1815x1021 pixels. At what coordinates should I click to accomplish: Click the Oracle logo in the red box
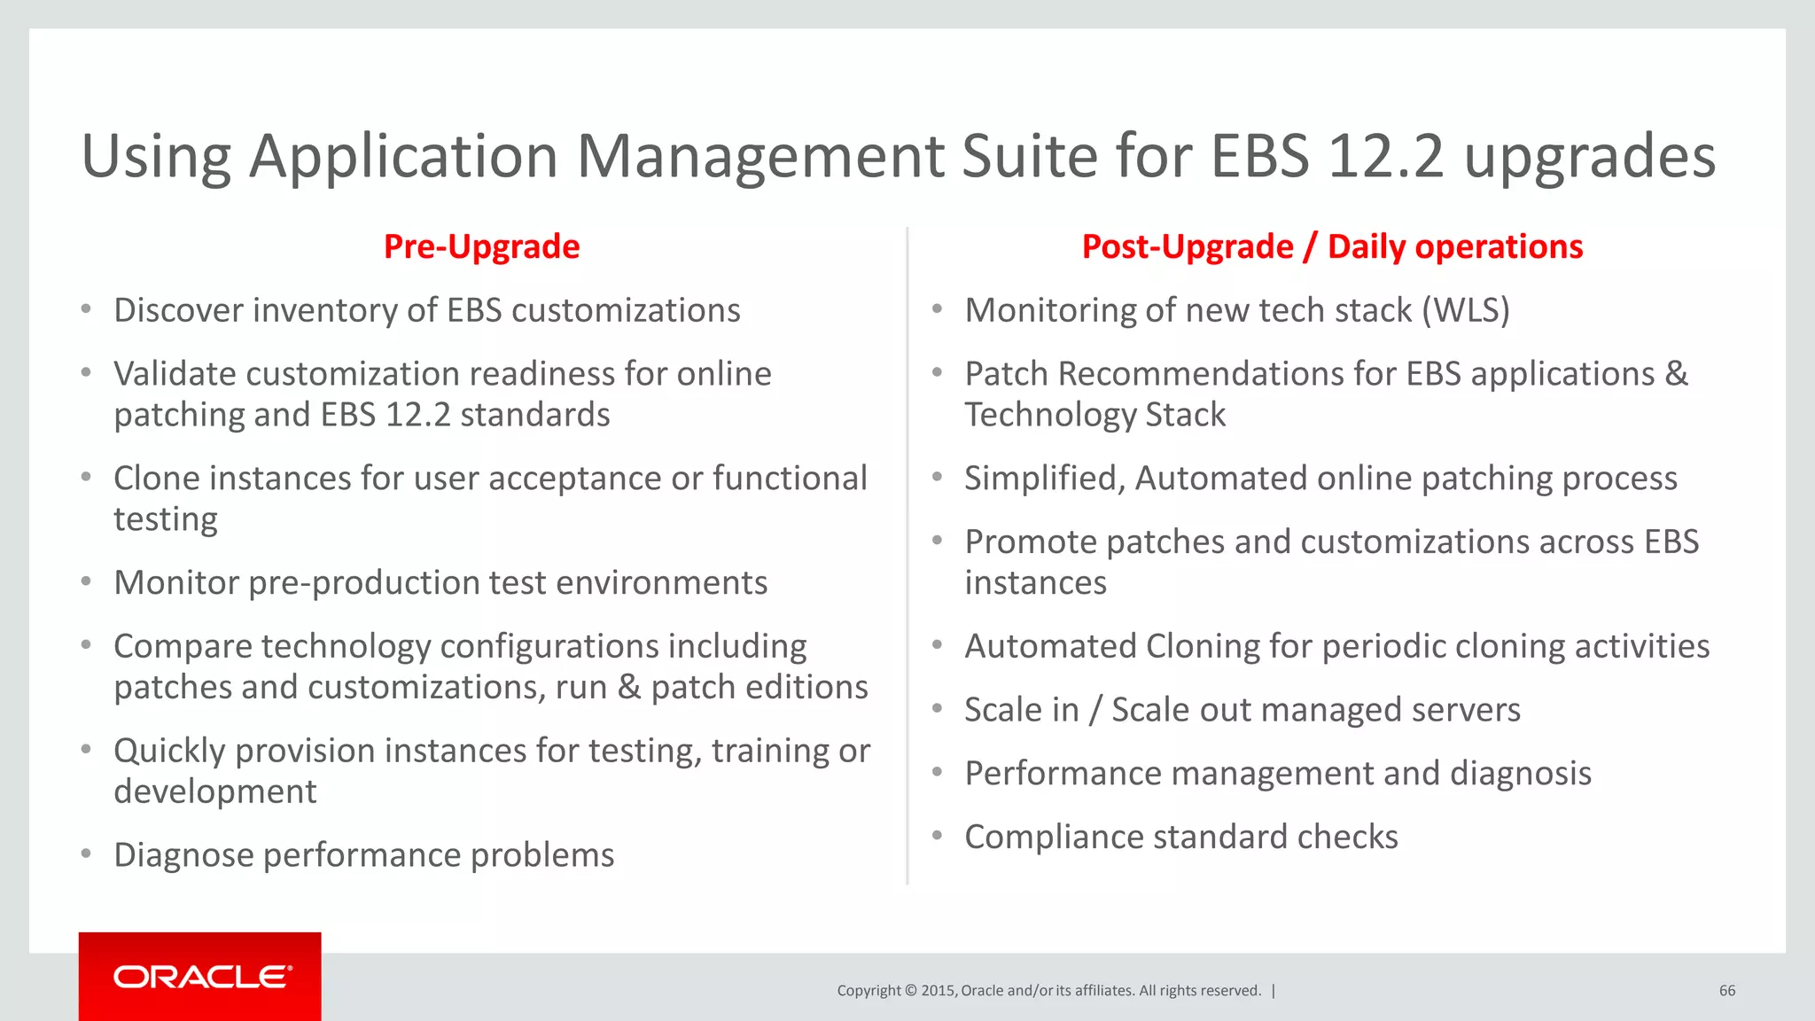(202, 977)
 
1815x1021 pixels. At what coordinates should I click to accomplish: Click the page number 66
(1726, 991)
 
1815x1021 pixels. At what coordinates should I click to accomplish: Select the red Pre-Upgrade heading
(481, 246)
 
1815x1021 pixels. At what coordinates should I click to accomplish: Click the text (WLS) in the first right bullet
(1466, 310)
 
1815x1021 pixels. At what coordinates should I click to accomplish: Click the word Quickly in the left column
(169, 751)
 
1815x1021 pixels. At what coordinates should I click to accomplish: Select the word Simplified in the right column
(1045, 479)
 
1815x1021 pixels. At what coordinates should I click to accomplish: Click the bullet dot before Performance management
(937, 772)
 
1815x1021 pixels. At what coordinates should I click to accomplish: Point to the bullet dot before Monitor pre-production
(86, 581)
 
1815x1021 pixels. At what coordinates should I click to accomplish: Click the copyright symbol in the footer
(910, 991)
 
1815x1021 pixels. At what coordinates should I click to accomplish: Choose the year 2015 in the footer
(938, 991)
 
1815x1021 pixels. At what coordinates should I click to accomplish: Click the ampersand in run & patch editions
(629, 688)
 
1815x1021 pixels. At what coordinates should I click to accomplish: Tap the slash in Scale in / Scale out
(1095, 710)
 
